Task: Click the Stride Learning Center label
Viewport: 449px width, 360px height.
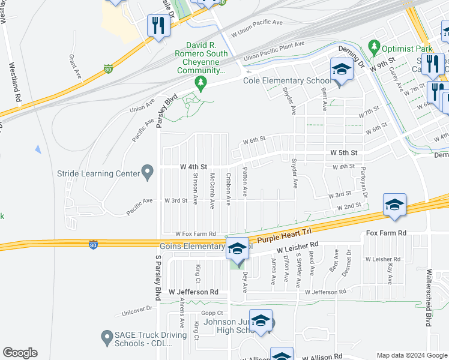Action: pyautogui.click(x=98, y=174)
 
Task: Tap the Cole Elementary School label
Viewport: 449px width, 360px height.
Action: pyautogui.click(x=286, y=81)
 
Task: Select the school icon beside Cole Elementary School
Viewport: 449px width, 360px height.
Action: pyautogui.click(x=342, y=71)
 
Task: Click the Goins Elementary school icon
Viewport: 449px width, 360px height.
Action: pyautogui.click(x=238, y=248)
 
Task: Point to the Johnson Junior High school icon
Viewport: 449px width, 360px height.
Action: pyautogui.click(x=261, y=322)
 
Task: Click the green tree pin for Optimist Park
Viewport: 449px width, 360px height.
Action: pyautogui.click(x=375, y=46)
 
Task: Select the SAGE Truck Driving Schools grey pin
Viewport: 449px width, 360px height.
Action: pyautogui.click(x=107, y=337)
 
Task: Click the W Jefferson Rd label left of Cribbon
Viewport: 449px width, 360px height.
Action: pyautogui.click(x=192, y=292)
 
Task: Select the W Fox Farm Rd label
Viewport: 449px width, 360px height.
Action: pyautogui.click(x=195, y=233)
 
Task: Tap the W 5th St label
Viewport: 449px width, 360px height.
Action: pyautogui.click(x=343, y=153)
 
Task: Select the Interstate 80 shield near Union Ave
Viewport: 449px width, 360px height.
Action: pyautogui.click(x=108, y=68)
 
